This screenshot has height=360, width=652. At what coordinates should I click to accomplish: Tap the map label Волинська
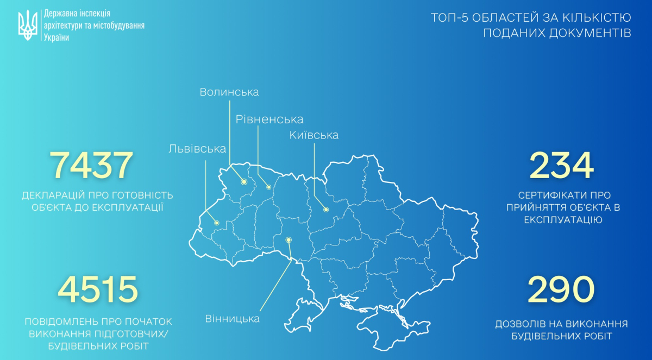tap(229, 92)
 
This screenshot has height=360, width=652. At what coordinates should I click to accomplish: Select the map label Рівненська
tap(269, 119)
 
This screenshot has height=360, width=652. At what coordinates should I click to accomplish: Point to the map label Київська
tap(314, 135)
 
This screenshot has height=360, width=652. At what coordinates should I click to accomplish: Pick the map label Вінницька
tap(233, 319)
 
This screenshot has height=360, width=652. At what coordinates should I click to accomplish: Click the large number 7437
tap(91, 166)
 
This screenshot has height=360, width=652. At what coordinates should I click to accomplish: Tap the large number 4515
tap(98, 289)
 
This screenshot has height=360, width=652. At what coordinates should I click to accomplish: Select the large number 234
tap(562, 166)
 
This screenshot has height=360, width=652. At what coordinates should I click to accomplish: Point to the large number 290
tap(562, 289)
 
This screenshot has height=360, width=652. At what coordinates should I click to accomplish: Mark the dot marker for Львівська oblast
tap(216, 223)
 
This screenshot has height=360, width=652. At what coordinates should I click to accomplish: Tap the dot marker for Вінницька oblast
tap(289, 239)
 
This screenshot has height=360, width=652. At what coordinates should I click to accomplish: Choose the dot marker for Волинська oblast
tap(244, 182)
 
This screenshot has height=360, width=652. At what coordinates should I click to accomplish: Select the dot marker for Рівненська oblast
tap(268, 187)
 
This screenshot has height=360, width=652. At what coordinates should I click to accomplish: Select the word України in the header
tap(55, 37)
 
